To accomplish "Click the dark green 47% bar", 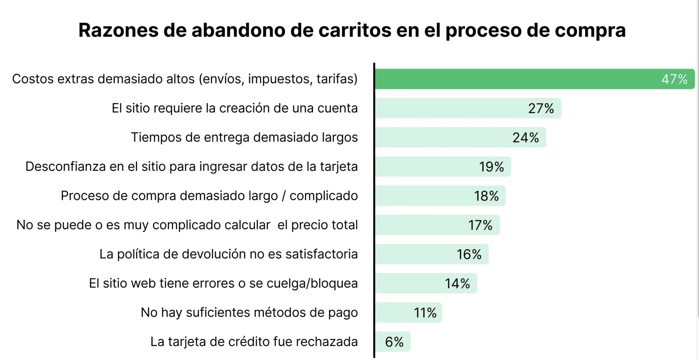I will click(516, 79).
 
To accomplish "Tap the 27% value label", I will click(541, 108).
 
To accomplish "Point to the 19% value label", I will click(491, 167).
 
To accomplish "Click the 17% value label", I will click(480, 225).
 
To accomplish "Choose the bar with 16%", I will click(432, 254).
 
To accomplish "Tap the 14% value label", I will click(457, 283).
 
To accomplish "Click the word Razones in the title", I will click(118, 30).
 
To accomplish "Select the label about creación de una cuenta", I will click(235, 108).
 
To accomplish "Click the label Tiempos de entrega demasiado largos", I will click(244, 137).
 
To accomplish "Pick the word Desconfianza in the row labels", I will click(65, 166).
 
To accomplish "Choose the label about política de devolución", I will click(228, 254).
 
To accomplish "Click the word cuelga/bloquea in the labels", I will click(312, 283).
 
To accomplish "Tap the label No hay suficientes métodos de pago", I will click(249, 312).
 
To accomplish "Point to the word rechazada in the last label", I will click(327, 342).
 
